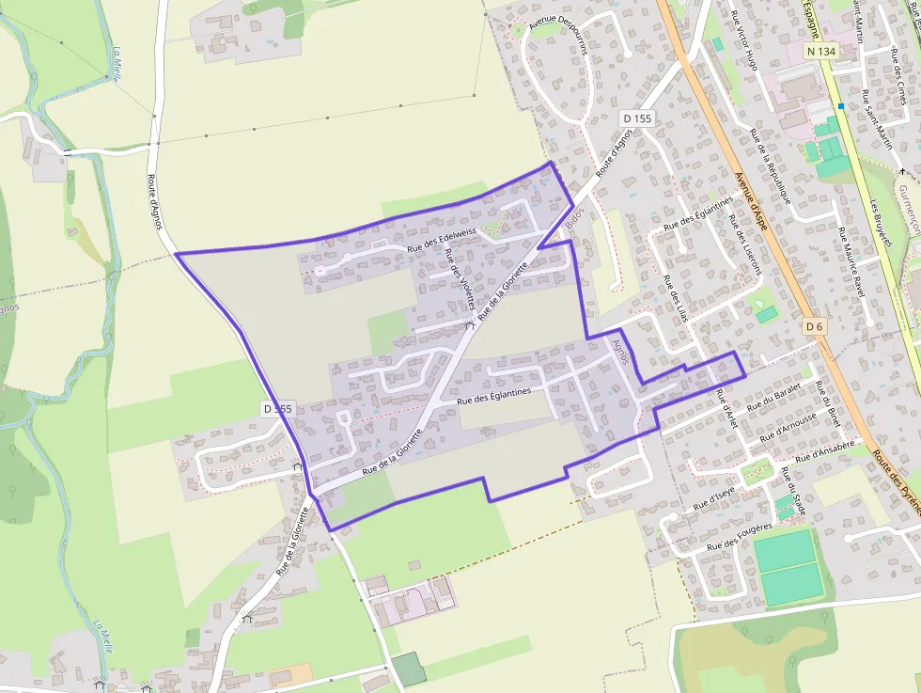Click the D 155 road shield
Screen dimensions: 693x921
click(637, 118)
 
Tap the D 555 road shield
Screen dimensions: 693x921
click(278, 409)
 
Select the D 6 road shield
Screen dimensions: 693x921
click(814, 326)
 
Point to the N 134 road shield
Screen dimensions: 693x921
click(819, 50)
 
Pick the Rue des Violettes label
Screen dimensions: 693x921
click(460, 279)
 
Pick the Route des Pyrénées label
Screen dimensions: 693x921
click(896, 480)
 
